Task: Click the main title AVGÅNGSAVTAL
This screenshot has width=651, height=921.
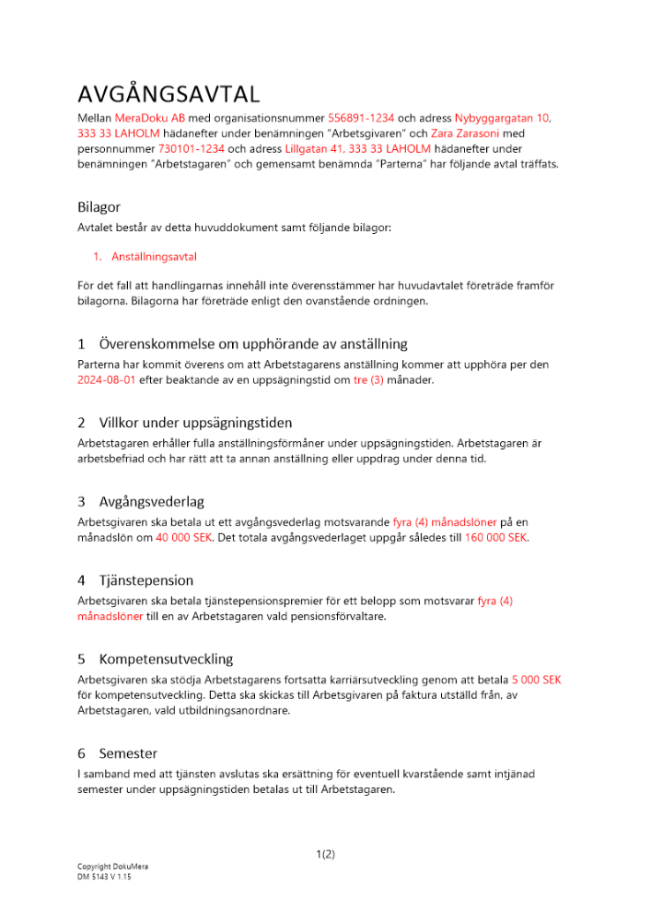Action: [x=169, y=94]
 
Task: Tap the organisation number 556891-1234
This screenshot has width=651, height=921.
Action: [x=361, y=119]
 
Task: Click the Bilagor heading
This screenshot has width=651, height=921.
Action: [x=99, y=207]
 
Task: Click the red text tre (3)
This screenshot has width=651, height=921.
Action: [x=372, y=380]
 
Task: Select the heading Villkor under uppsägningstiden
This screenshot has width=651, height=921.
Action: [x=195, y=423]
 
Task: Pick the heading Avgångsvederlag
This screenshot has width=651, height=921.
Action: [x=151, y=502]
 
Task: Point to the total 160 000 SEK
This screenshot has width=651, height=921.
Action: [x=496, y=538]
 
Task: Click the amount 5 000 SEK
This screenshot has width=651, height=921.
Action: [x=536, y=681]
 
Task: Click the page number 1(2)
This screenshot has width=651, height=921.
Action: [x=325, y=855]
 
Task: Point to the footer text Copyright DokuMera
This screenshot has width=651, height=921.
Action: [x=112, y=868]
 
